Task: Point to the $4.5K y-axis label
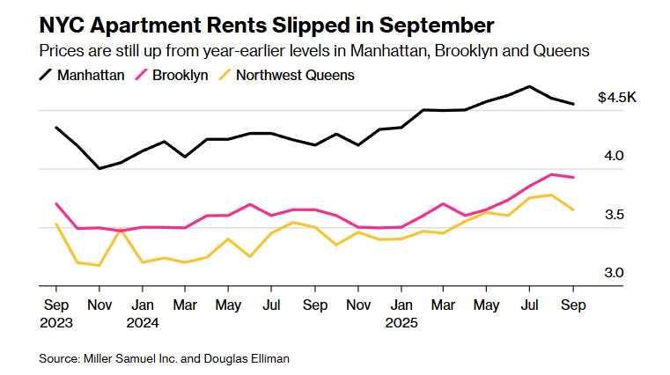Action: [616, 98]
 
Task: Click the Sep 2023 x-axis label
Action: [56, 313]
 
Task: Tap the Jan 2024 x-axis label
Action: [142, 313]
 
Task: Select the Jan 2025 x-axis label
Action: [401, 313]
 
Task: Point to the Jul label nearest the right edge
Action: [530, 305]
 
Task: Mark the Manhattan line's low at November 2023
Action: [99, 168]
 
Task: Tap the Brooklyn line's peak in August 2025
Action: [551, 174]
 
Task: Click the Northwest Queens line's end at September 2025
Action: [573, 210]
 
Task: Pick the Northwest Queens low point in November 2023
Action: [99, 265]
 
